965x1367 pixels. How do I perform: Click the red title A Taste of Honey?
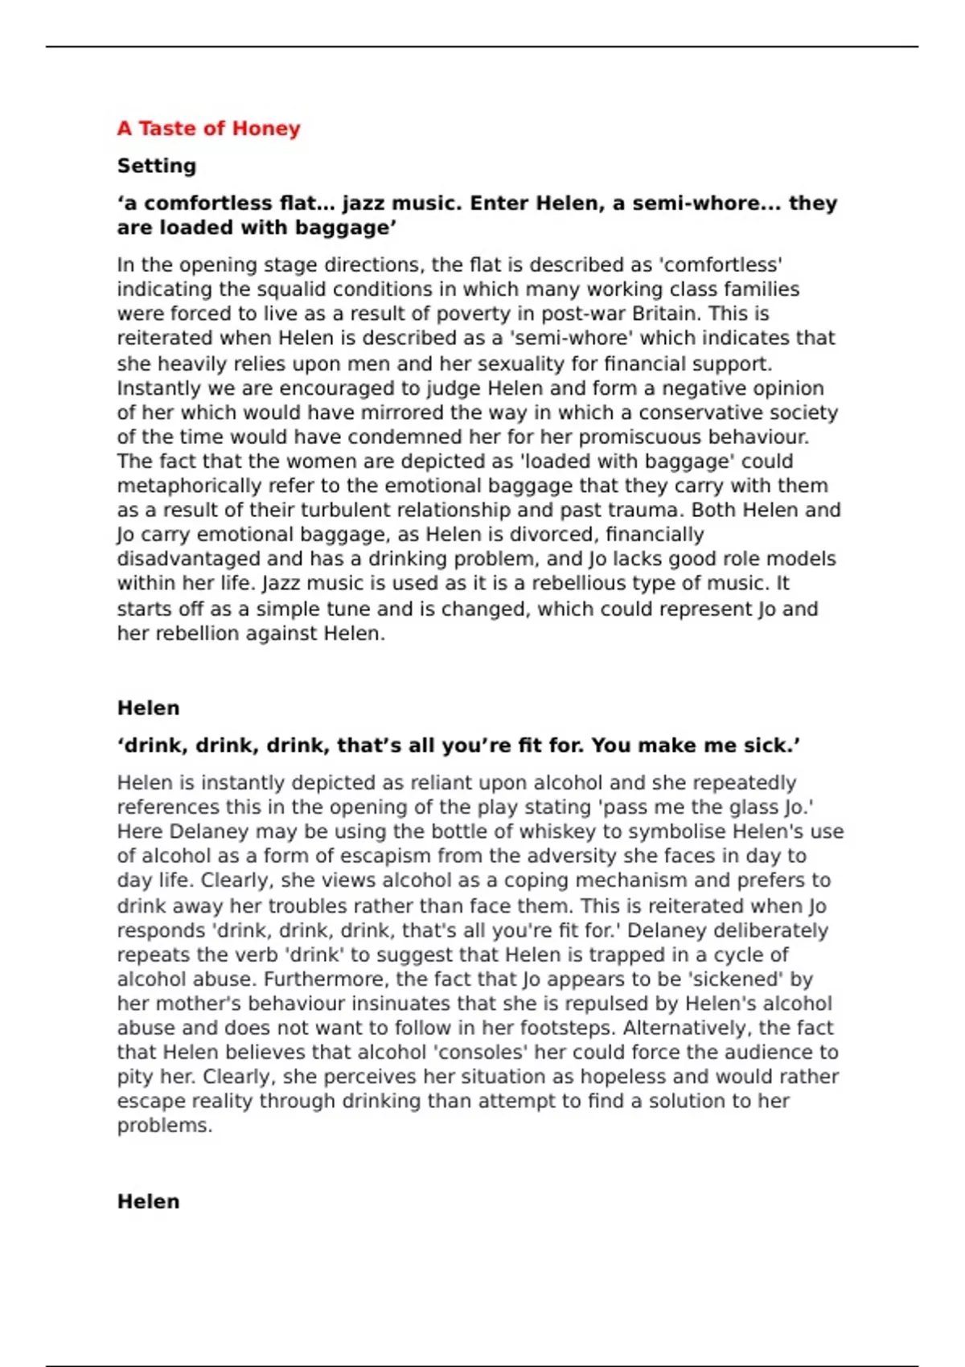click(x=208, y=129)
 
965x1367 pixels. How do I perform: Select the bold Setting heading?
click(x=157, y=166)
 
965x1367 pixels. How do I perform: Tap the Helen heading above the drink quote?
click(x=148, y=708)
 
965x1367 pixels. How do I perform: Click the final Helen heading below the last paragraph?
click(x=148, y=1201)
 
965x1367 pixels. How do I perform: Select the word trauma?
click(x=643, y=510)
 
